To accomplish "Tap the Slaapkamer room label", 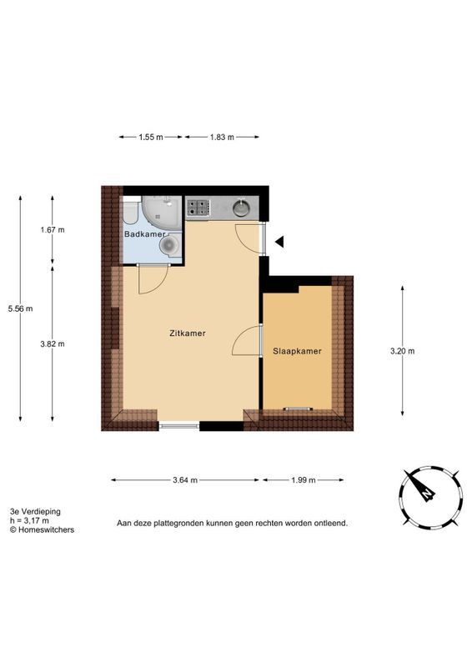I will click(x=297, y=351).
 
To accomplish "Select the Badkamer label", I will click(x=144, y=234).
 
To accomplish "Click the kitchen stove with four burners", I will click(x=197, y=208).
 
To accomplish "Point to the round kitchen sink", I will click(x=242, y=208).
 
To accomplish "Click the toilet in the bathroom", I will click(x=169, y=245).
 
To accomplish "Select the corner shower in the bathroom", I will click(x=159, y=212).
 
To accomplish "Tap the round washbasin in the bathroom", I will click(x=129, y=213).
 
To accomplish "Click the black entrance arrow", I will click(x=280, y=242).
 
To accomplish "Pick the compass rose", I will click(x=426, y=493).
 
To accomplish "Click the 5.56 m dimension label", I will click(x=20, y=308).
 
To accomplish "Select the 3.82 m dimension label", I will click(x=52, y=344).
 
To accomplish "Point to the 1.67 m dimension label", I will click(x=52, y=230).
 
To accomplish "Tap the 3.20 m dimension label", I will click(x=402, y=351).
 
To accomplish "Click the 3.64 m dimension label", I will click(x=185, y=479).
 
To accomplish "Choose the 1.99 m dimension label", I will click(x=304, y=479).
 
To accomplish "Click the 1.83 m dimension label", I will click(x=221, y=137).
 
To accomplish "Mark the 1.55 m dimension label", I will click(x=151, y=137).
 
